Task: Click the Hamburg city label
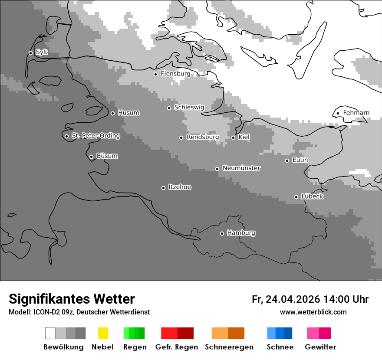241,233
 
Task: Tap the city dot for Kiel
233,137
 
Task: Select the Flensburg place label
175,74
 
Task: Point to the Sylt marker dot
30,53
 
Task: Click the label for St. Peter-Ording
95,136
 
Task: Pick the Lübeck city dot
296,197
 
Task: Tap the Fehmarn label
356,113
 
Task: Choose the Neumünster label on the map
241,168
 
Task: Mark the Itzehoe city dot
163,188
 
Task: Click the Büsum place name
107,156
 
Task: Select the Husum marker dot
112,113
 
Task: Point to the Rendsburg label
202,137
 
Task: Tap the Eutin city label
300,160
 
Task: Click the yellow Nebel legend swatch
103,333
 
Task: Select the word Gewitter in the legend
320,347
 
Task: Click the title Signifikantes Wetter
72,299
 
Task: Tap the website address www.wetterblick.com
313,312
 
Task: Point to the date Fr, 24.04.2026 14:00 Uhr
310,299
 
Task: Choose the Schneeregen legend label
229,347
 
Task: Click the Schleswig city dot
169,108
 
